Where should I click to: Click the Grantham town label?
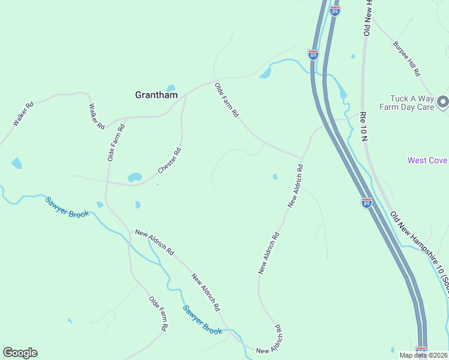click(x=156, y=95)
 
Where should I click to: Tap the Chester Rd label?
click(x=169, y=161)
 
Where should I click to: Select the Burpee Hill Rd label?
click(x=406, y=58)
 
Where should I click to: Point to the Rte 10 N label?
click(x=363, y=125)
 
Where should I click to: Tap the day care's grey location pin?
click(x=443, y=102)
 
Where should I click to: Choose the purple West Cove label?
click(x=427, y=160)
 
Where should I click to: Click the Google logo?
click(x=20, y=353)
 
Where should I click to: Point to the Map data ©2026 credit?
click(x=424, y=355)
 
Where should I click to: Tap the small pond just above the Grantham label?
click(x=171, y=88)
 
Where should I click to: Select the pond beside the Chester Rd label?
click(x=134, y=177)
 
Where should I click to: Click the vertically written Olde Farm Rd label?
click(x=115, y=142)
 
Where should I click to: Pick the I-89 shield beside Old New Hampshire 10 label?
click(x=366, y=203)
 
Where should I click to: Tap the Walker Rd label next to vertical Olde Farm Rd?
click(x=97, y=116)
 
